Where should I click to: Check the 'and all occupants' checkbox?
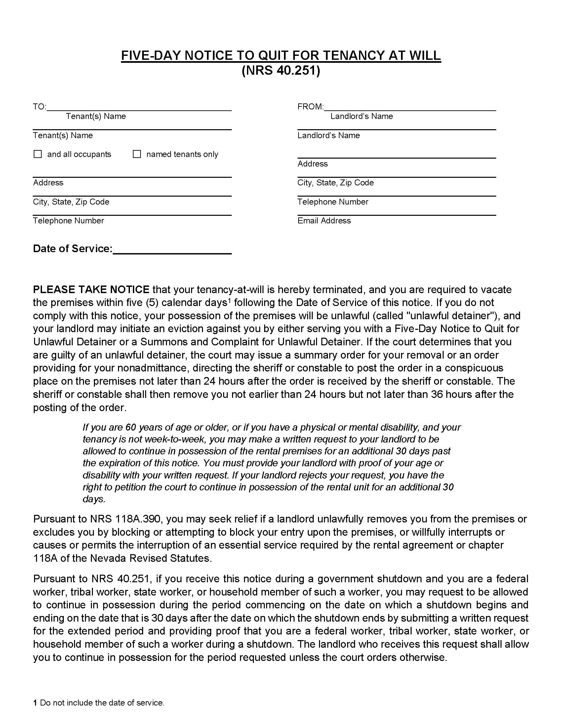coord(38,154)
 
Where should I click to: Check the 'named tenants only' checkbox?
coord(137,154)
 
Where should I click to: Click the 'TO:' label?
coord(39,107)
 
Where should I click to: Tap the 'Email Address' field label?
coord(324,221)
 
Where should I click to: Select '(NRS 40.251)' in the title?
coord(281,71)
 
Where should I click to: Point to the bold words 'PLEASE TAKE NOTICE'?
coord(91,289)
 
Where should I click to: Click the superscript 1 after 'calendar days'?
coord(229,301)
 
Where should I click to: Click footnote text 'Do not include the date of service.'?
coord(102,703)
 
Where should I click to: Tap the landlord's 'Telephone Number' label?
coord(333,202)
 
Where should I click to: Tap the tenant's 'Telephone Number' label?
coord(68,221)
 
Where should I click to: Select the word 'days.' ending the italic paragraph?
coord(94,499)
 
